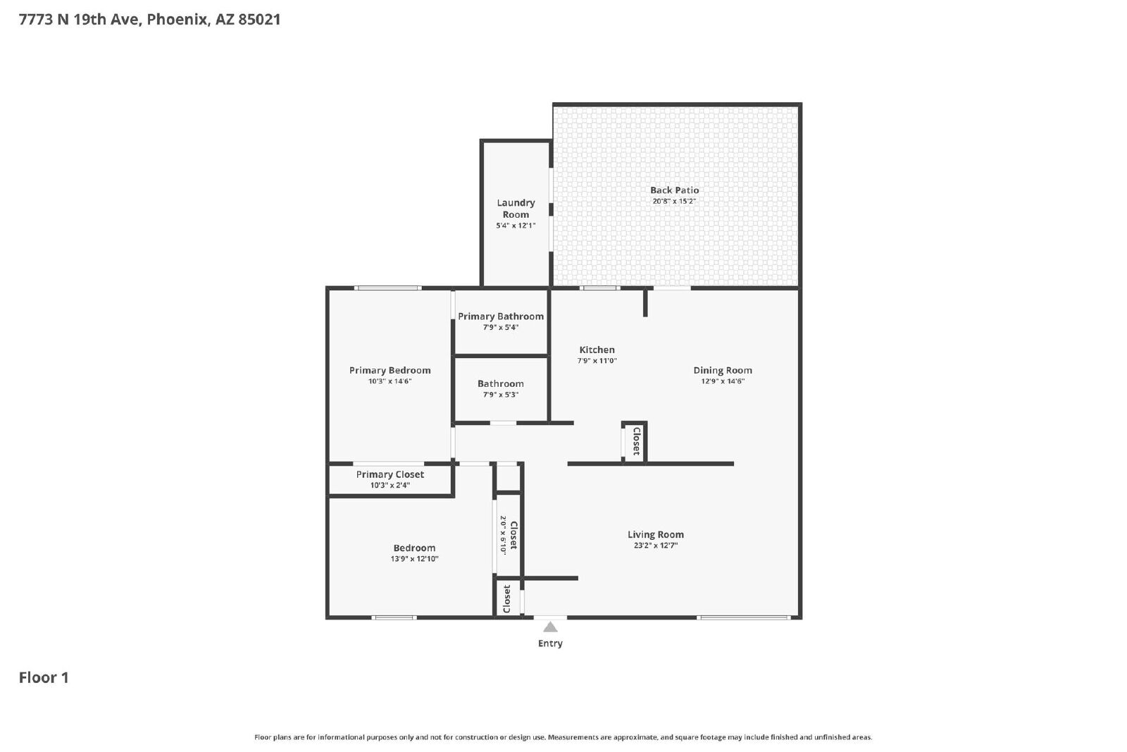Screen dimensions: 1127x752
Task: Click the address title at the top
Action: pos(149,20)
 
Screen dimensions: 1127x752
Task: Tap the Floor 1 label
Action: pos(44,677)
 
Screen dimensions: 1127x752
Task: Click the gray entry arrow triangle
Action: pos(550,627)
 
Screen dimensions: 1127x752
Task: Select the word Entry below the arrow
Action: pos(550,643)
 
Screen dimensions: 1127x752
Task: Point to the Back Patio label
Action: pos(674,190)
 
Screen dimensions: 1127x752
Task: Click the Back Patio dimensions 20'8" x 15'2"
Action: pos(674,202)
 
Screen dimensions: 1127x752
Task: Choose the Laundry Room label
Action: pos(516,209)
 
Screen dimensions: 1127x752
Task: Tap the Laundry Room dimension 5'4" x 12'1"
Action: pos(516,226)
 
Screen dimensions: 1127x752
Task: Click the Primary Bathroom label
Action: pos(501,316)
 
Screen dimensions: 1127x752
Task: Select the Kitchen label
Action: pos(597,350)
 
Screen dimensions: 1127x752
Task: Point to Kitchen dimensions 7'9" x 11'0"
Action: pos(597,361)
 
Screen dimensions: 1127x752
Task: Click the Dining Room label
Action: pos(723,371)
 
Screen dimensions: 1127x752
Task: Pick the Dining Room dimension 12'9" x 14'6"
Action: pos(723,381)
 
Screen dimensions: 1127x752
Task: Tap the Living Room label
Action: pos(656,534)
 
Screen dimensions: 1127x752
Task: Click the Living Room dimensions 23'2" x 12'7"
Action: pos(656,545)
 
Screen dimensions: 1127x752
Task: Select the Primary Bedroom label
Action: pos(390,371)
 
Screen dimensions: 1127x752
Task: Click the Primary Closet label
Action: pos(390,474)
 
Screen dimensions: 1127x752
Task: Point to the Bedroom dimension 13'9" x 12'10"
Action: pos(415,559)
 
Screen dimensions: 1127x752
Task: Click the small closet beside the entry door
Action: pos(507,598)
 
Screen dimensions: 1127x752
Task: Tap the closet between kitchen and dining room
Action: pos(635,441)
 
